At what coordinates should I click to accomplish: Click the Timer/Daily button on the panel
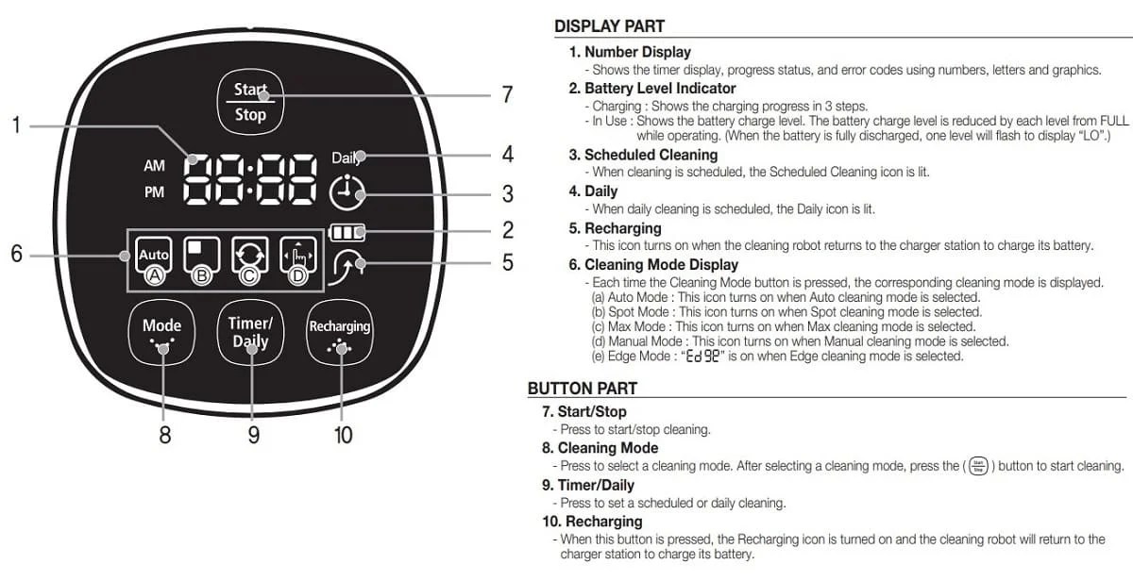[x=250, y=332]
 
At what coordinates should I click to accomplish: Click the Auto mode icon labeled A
[x=154, y=256]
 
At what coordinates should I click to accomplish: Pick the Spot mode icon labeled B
[x=200, y=256]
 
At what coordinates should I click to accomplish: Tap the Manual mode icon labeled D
[x=298, y=256]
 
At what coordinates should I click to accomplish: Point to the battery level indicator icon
[x=348, y=230]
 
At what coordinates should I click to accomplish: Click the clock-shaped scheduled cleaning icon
[x=346, y=192]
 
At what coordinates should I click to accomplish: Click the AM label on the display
[x=154, y=166]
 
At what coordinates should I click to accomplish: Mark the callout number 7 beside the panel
[x=507, y=95]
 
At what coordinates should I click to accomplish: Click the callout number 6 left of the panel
[x=16, y=255]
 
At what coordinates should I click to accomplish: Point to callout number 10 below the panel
[x=343, y=435]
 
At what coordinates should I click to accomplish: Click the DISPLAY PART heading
[x=609, y=26]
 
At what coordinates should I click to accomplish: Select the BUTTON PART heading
[x=582, y=389]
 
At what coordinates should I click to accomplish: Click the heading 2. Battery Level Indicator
[x=651, y=89]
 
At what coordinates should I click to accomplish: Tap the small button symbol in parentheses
[x=979, y=466]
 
